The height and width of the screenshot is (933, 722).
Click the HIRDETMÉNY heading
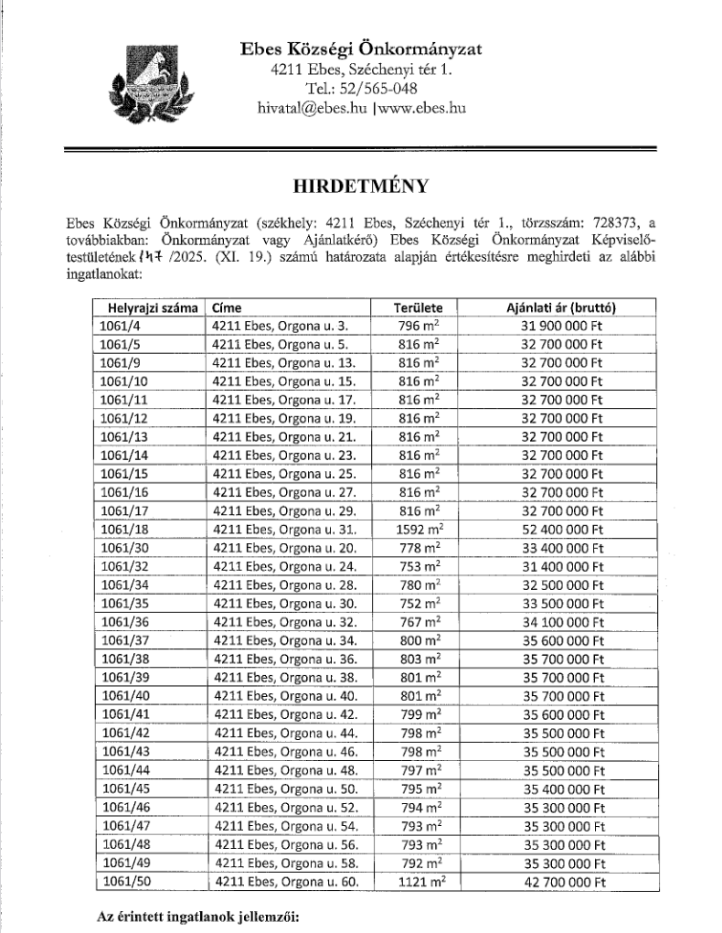(x=360, y=187)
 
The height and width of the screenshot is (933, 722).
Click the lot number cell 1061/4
(x=116, y=325)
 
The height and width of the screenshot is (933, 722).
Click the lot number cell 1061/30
(x=120, y=545)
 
